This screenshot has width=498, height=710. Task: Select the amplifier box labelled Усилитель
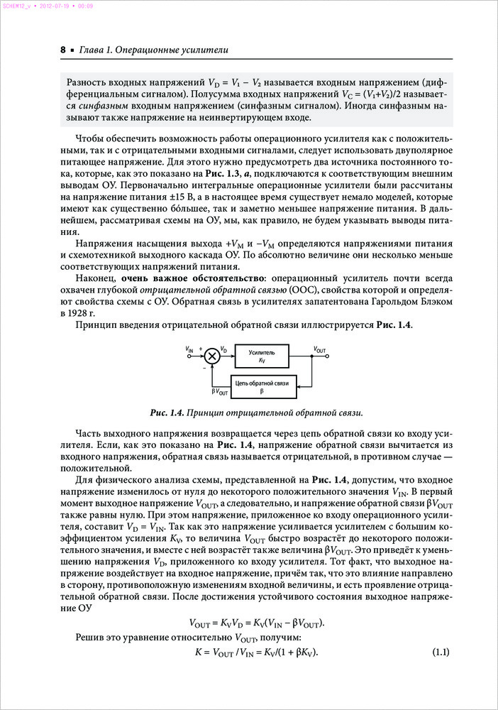pos(262,356)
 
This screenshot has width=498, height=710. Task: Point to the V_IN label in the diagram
pos(189,349)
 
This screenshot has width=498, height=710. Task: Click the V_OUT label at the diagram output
pos(319,349)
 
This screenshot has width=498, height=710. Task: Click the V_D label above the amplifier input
pos(223,349)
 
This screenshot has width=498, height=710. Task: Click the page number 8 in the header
pos(63,50)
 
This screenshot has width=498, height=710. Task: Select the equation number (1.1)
pos(441,652)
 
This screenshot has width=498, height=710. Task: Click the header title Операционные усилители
pos(167,50)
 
